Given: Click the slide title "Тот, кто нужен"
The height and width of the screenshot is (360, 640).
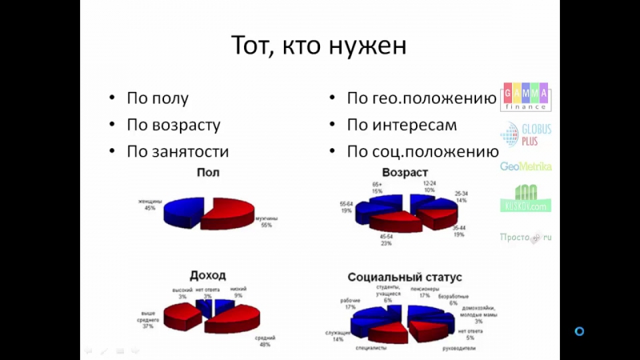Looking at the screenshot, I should [319, 46].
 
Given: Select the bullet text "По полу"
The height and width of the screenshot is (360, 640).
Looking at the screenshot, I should [158, 99].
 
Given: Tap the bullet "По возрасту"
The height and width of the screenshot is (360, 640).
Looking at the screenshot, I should [173, 126].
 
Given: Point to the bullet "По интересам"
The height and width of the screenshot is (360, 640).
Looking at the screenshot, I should [402, 126].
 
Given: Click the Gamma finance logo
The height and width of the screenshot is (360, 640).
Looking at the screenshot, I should [525, 96].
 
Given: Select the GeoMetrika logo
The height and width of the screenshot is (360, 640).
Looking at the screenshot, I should [526, 166].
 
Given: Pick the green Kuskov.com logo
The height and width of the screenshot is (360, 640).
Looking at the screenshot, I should [526, 199].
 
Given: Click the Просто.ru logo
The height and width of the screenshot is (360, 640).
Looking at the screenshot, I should [526, 237].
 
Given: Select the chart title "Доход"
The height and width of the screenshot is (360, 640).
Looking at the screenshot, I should [207, 275].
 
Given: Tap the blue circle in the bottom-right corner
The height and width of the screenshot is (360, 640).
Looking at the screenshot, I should [580, 330].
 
